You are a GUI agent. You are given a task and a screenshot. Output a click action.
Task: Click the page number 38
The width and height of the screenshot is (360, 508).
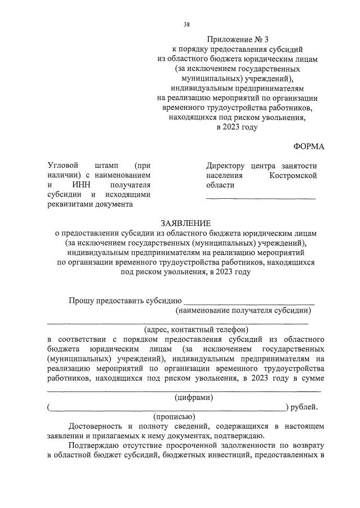[186, 25]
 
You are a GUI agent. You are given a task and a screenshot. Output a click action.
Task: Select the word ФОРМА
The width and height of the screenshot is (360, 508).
[309, 146]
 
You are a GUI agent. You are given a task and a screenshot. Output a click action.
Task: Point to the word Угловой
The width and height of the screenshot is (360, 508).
[64, 166]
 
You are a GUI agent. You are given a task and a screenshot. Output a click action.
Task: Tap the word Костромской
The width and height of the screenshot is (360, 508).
[293, 176]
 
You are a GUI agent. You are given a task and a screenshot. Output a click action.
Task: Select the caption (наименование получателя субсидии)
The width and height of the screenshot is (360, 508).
[243, 310]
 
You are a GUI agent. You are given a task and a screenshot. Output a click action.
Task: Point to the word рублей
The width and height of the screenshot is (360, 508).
[304, 407]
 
